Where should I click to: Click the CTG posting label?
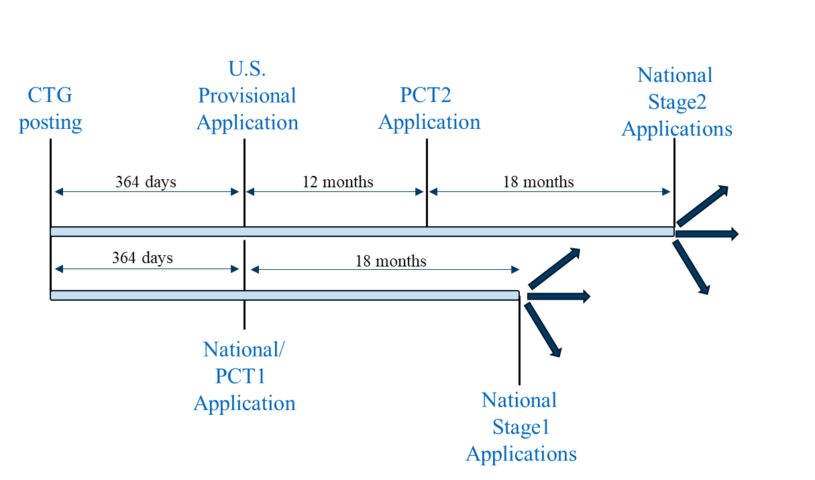(50, 109)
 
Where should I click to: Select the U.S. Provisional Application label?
(247, 95)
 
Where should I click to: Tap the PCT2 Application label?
(429, 108)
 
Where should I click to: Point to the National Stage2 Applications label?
(676, 101)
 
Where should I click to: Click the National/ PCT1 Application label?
(244, 376)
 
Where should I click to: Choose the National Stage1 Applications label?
(521, 427)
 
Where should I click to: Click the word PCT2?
(425, 95)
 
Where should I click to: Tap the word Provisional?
(247, 95)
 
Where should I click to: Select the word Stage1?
(521, 427)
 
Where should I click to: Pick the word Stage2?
(677, 102)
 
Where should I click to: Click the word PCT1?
(240, 376)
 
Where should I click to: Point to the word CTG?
(50, 95)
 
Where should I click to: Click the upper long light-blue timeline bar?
(362, 232)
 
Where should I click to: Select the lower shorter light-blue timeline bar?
(284, 295)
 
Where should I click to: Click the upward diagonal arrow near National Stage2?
(702, 205)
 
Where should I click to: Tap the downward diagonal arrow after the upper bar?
(692, 267)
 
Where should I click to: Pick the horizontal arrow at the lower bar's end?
(558, 296)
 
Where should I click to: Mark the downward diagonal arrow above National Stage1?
(543, 330)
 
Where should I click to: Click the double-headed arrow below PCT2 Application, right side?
(549, 192)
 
